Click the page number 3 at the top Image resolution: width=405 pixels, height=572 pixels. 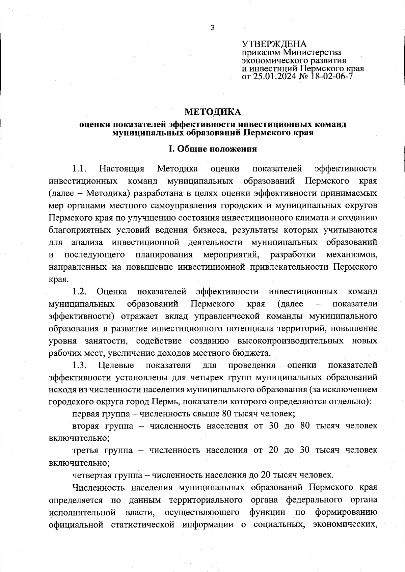[x=212, y=28]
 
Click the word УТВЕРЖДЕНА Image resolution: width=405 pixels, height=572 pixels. [x=274, y=44]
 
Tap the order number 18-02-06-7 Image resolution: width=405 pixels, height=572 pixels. [x=330, y=77]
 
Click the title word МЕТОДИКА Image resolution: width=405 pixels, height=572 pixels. [x=213, y=112]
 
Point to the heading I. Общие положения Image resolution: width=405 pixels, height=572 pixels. [x=213, y=149]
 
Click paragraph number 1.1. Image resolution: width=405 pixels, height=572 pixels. [x=80, y=168]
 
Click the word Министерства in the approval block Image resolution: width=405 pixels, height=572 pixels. [x=312, y=53]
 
